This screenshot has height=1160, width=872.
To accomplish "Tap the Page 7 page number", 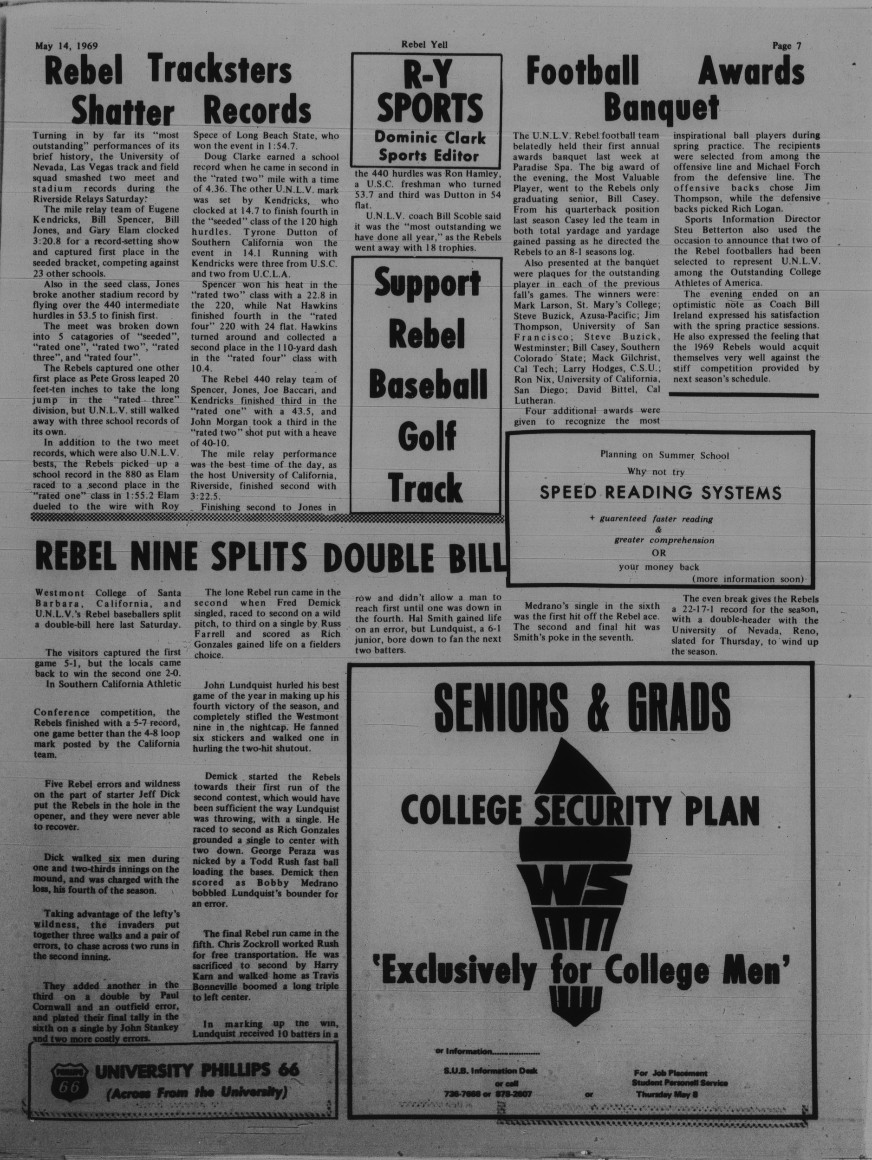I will (x=787, y=45).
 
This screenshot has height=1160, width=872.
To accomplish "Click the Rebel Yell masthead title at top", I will (x=424, y=45).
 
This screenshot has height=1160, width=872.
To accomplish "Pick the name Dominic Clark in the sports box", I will (x=429, y=138).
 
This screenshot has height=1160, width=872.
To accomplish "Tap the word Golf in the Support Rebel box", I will (x=427, y=436).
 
